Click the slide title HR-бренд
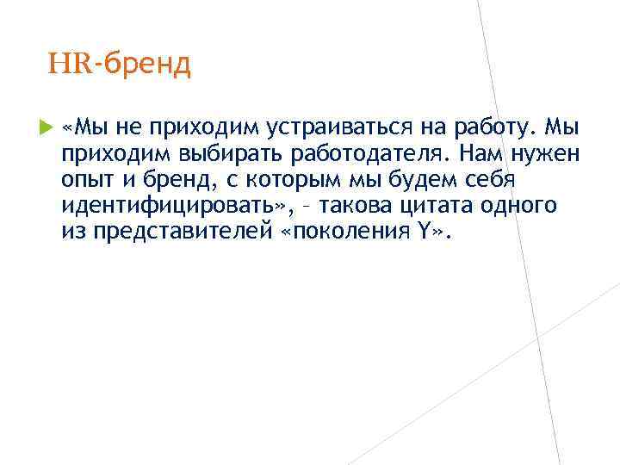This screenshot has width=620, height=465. tap(120, 65)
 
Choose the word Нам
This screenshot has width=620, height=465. tap(480, 155)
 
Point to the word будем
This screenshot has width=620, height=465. tap(418, 181)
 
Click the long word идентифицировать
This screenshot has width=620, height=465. tap(159, 207)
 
